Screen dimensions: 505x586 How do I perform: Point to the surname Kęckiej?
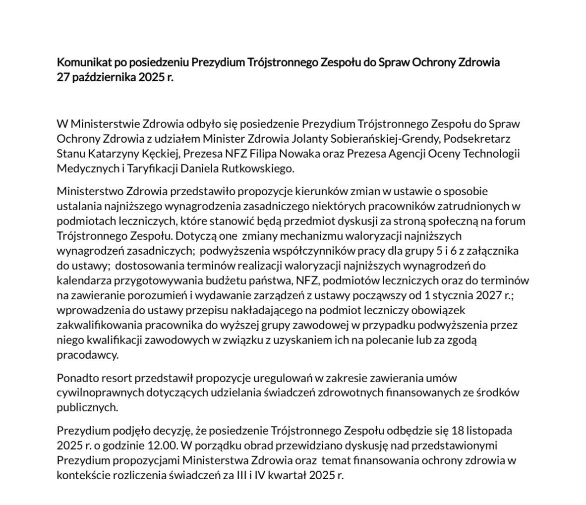click(150, 153)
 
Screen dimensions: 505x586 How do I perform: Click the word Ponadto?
click(76, 378)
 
